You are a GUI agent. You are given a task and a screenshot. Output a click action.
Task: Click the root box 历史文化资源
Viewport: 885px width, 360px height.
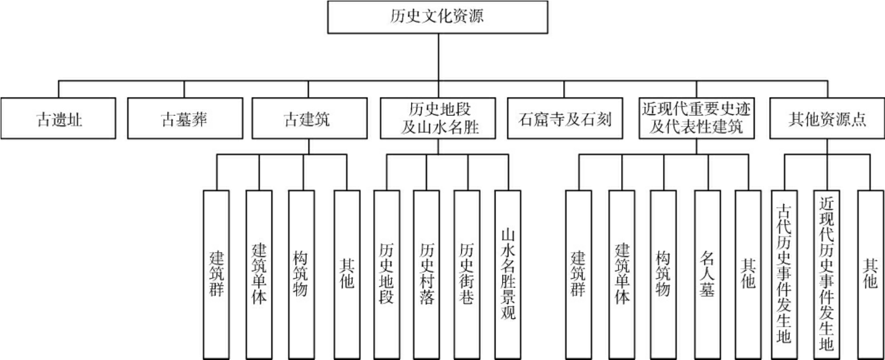coord(438,17)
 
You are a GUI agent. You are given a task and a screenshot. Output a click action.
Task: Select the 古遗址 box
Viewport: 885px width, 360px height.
coord(58,119)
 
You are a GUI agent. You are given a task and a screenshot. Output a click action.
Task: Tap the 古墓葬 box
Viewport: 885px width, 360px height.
coord(185,119)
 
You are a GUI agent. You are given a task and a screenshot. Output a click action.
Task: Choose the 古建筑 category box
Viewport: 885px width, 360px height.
coord(309,119)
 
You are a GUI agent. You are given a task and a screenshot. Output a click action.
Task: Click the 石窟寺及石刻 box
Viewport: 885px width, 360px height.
coord(564,119)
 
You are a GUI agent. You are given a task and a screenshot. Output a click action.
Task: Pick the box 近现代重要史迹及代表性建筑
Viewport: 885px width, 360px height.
coord(696,119)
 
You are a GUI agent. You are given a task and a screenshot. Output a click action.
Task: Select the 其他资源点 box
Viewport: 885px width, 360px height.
coord(827,119)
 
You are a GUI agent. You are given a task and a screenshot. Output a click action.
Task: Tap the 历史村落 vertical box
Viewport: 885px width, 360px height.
coord(426,274)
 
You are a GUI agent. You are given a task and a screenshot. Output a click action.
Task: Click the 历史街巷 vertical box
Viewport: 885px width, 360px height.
coord(467,274)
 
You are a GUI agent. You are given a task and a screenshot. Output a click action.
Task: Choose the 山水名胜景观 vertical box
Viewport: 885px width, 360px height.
coord(507,274)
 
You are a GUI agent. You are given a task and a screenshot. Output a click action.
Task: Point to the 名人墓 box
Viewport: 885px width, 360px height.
coord(707,274)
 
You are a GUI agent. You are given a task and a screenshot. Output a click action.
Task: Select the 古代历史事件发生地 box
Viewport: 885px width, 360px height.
coord(784,274)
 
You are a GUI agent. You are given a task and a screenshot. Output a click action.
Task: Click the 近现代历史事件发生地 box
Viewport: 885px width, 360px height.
coord(827,274)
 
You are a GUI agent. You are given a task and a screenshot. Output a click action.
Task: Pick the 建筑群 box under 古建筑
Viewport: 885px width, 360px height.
coord(217,274)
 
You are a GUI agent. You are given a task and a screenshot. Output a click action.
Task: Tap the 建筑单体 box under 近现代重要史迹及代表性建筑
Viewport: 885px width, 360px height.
coord(622,274)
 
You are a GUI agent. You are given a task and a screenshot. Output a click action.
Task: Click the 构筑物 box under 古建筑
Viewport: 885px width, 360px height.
coord(301,274)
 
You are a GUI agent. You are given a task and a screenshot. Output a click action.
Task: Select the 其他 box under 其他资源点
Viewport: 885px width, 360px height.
coord(870,274)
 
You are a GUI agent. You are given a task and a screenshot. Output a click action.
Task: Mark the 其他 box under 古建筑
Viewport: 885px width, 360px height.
coord(346,274)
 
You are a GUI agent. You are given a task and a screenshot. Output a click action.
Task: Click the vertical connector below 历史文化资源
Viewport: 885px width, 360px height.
coord(439,57)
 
